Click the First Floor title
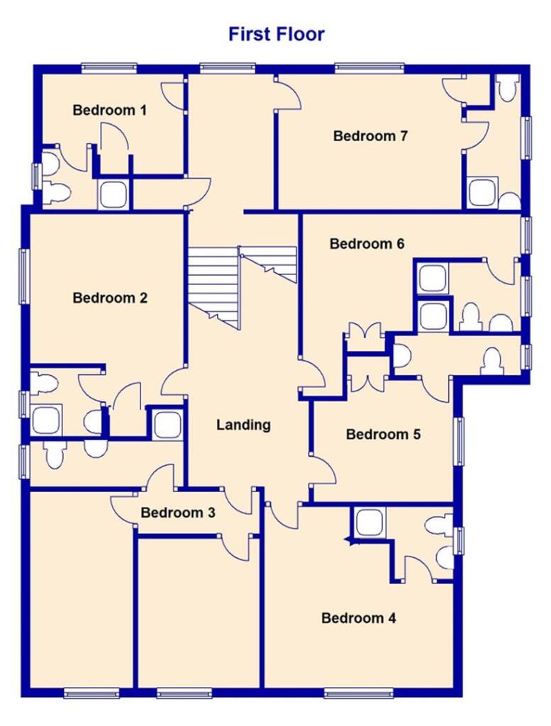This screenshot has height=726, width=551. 276,33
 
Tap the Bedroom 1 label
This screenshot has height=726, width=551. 109,110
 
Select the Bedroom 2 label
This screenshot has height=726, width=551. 110,298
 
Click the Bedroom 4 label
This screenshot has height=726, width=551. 358,618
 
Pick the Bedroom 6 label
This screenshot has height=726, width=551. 367,244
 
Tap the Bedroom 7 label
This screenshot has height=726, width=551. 370,135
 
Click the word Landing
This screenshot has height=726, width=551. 243,425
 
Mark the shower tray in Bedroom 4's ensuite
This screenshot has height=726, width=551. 369,523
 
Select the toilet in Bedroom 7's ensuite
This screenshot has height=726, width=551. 506,88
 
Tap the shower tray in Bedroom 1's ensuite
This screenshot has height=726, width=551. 113,194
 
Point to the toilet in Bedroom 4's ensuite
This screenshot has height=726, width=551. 438,527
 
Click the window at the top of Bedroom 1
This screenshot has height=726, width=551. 108,68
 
